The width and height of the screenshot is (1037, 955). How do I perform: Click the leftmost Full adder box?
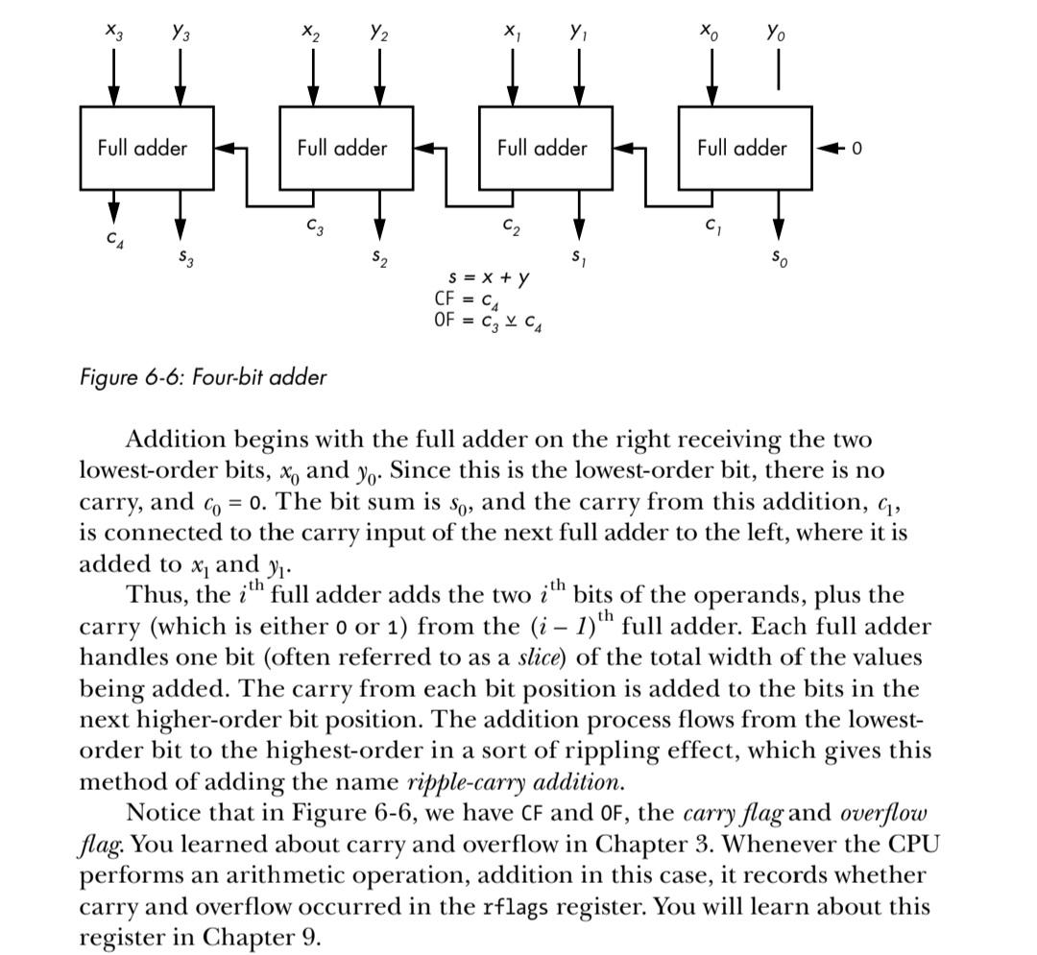[x=146, y=148]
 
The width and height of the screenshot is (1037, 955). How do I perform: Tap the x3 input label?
[x=113, y=31]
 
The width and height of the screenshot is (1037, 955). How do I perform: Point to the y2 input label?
[x=378, y=31]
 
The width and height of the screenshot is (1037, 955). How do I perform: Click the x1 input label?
[x=512, y=31]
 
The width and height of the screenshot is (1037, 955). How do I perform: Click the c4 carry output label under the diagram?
[x=115, y=236]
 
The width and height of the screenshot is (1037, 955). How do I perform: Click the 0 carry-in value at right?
[x=857, y=148]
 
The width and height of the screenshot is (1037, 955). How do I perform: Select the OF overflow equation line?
[x=488, y=321]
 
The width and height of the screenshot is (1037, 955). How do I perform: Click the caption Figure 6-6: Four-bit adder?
[x=203, y=376]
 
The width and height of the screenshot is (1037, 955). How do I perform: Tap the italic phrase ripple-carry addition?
[x=515, y=781]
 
